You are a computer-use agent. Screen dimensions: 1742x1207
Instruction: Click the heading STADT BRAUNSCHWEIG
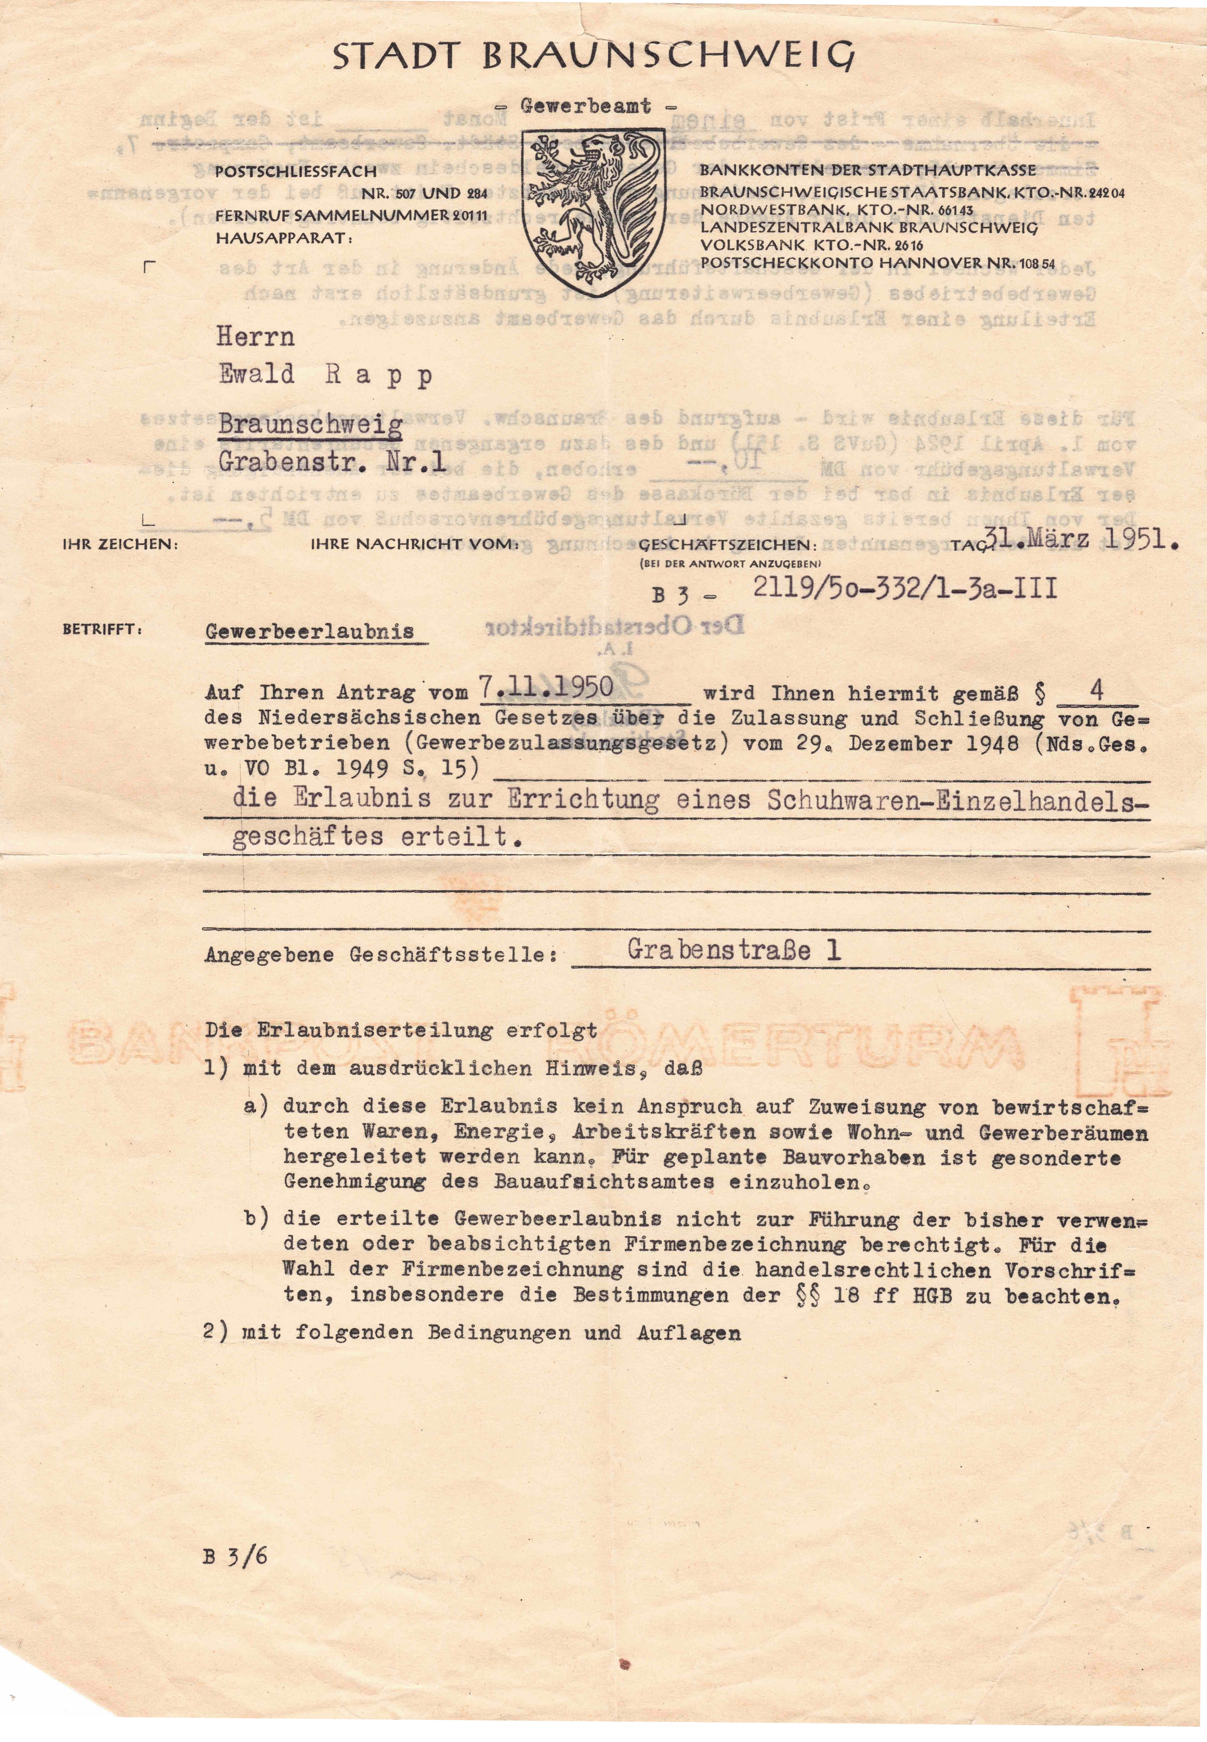pos(594,57)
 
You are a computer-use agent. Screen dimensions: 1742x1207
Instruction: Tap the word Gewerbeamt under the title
pos(586,107)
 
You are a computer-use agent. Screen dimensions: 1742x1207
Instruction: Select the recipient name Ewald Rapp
pos(325,375)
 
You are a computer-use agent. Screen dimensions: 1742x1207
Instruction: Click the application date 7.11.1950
pos(546,688)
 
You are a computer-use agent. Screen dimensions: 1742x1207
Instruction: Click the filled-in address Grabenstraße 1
pos(734,950)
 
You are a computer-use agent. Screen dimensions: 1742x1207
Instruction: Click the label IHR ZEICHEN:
pos(121,544)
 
